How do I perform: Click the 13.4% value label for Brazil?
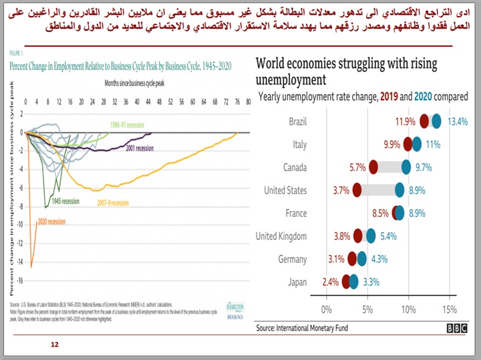(458, 122)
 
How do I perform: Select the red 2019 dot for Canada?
(373, 167)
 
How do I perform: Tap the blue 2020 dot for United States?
(399, 190)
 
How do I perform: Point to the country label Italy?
(299, 144)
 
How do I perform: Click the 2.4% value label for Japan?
(330, 282)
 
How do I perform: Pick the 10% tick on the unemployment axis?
(408, 309)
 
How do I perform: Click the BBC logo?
(457, 329)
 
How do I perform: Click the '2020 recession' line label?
(51, 221)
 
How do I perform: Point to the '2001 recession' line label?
(140, 148)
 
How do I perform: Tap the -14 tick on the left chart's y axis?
(19, 266)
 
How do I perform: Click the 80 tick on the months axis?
(248, 102)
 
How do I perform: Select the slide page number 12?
(55, 344)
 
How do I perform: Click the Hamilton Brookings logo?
(234, 312)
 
